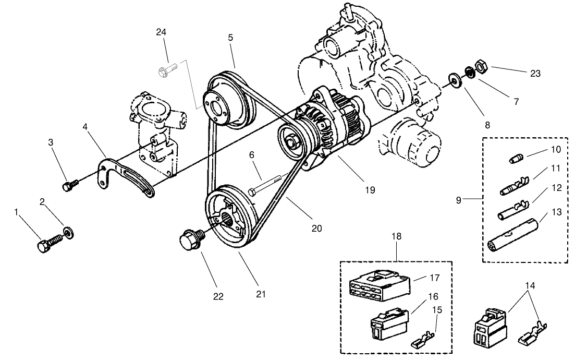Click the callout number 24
[x=161, y=32]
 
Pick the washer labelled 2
[x=69, y=231]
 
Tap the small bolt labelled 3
[x=69, y=185]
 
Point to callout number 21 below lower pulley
[x=261, y=294]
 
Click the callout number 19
[x=370, y=190]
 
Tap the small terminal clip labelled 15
[x=423, y=343]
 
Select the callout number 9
[x=459, y=199]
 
